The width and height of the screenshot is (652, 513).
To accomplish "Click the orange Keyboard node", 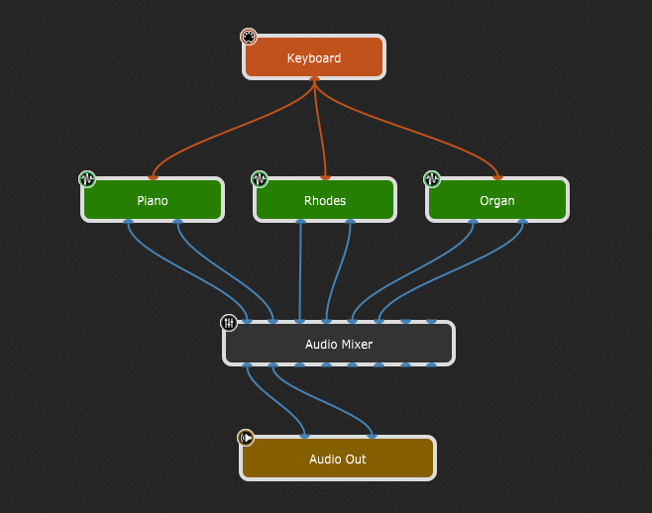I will click(x=313, y=57).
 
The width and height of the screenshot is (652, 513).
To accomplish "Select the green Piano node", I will click(x=153, y=200).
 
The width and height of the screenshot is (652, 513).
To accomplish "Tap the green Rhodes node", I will click(x=325, y=200).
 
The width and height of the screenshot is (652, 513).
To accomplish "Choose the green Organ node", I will click(x=497, y=200).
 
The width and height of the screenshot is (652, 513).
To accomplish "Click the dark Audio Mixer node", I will click(x=338, y=344).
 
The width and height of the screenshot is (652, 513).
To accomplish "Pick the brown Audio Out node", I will click(x=338, y=459).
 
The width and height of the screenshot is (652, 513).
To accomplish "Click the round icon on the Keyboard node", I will click(x=249, y=37).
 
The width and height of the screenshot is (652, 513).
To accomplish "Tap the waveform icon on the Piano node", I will click(x=87, y=179).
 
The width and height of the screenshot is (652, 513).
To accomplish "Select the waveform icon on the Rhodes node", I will click(x=260, y=179).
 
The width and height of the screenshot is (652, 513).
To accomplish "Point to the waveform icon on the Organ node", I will click(x=432, y=179).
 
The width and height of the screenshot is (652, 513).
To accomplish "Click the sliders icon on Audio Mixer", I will click(x=229, y=323).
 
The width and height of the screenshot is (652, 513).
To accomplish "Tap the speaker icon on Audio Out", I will click(x=246, y=438).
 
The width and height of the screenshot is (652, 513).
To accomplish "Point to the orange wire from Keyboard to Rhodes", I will click(x=320, y=129).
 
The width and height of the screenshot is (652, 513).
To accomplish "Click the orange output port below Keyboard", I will click(x=314, y=79).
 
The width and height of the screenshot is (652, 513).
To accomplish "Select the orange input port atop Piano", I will click(x=153, y=178).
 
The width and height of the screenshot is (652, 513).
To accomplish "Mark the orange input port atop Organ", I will click(x=497, y=178).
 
